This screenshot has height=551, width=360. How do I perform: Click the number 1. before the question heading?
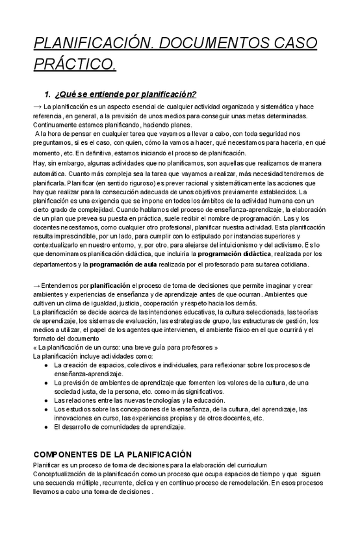pos(47,94)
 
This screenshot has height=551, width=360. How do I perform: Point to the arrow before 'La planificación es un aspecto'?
pos(37,106)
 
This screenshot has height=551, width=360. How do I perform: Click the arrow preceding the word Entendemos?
pos(37,285)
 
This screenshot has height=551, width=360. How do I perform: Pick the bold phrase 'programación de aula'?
pos(123,264)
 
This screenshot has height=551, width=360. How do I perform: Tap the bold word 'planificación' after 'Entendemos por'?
pos(110,285)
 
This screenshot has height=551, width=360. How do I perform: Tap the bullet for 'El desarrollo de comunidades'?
pos(45,428)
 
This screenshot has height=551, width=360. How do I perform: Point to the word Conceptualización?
pos(64,474)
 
